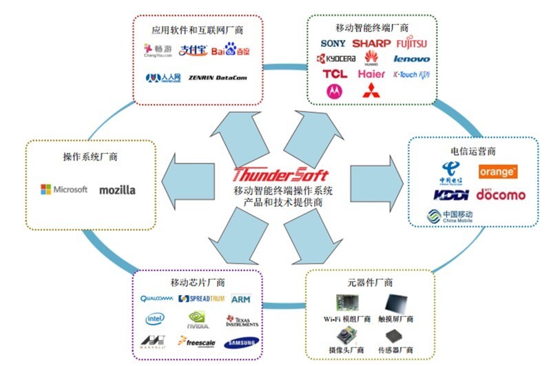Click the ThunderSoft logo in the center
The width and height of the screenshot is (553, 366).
(x=280, y=174)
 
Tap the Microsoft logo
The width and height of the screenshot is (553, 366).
(x=64, y=189)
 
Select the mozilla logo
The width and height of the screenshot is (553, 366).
(x=117, y=190)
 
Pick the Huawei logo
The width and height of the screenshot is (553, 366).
(x=371, y=59)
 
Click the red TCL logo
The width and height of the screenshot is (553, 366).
(x=335, y=74)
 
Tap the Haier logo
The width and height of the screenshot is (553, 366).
(x=372, y=74)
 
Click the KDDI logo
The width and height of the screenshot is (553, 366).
(x=451, y=195)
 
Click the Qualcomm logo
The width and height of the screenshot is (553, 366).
(x=156, y=299)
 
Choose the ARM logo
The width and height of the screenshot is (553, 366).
(x=240, y=299)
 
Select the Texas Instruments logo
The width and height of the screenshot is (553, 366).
(x=241, y=320)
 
